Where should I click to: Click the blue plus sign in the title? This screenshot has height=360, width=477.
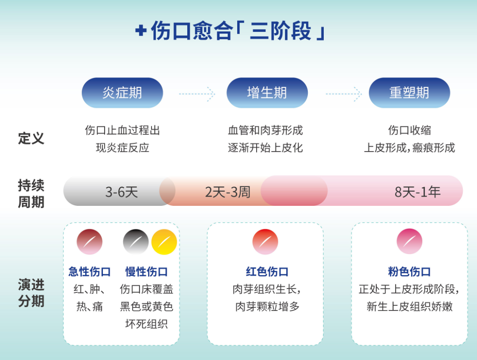tap(140, 31)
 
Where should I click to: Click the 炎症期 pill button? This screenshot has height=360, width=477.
tap(122, 93)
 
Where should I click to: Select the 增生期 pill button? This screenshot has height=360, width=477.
tap(267, 93)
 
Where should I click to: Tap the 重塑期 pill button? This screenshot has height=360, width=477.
tap(409, 93)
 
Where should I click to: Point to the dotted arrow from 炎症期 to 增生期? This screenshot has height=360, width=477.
tap(197, 94)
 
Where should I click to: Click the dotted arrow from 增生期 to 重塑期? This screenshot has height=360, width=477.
tap(343, 94)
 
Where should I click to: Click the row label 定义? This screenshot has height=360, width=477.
tap(31, 138)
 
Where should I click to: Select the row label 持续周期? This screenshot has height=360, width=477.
tap(31, 193)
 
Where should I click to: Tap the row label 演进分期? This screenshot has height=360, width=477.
tap(31, 292)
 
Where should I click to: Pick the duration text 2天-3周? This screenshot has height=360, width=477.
tap(227, 192)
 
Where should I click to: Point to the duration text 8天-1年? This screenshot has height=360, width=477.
tap(417, 192)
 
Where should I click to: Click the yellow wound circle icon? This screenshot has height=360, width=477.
tap(164, 242)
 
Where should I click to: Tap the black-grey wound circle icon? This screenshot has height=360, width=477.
tap(136, 242)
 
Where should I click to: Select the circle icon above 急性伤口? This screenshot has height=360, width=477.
tap(90, 242)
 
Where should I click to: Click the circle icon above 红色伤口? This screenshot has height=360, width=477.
tap(265, 242)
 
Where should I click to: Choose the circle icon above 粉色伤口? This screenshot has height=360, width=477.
tap(409, 242)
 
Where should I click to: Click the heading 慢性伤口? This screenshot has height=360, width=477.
tap(147, 271)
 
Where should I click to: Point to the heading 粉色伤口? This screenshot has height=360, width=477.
tap(409, 271)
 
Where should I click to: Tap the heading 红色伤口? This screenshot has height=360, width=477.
tap(267, 271)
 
